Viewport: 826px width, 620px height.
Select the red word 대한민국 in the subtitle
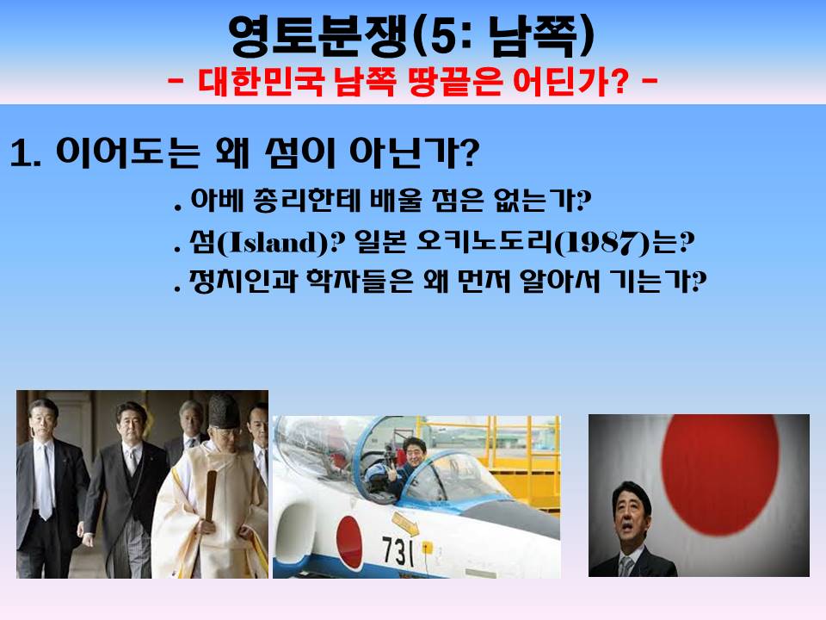(x=260, y=81)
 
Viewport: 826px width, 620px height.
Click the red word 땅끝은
(x=454, y=81)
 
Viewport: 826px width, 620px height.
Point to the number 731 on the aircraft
(x=398, y=550)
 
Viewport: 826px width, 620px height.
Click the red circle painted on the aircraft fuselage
(x=348, y=542)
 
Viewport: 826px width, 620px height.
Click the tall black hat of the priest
(x=224, y=411)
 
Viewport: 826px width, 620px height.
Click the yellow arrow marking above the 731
(x=405, y=524)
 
